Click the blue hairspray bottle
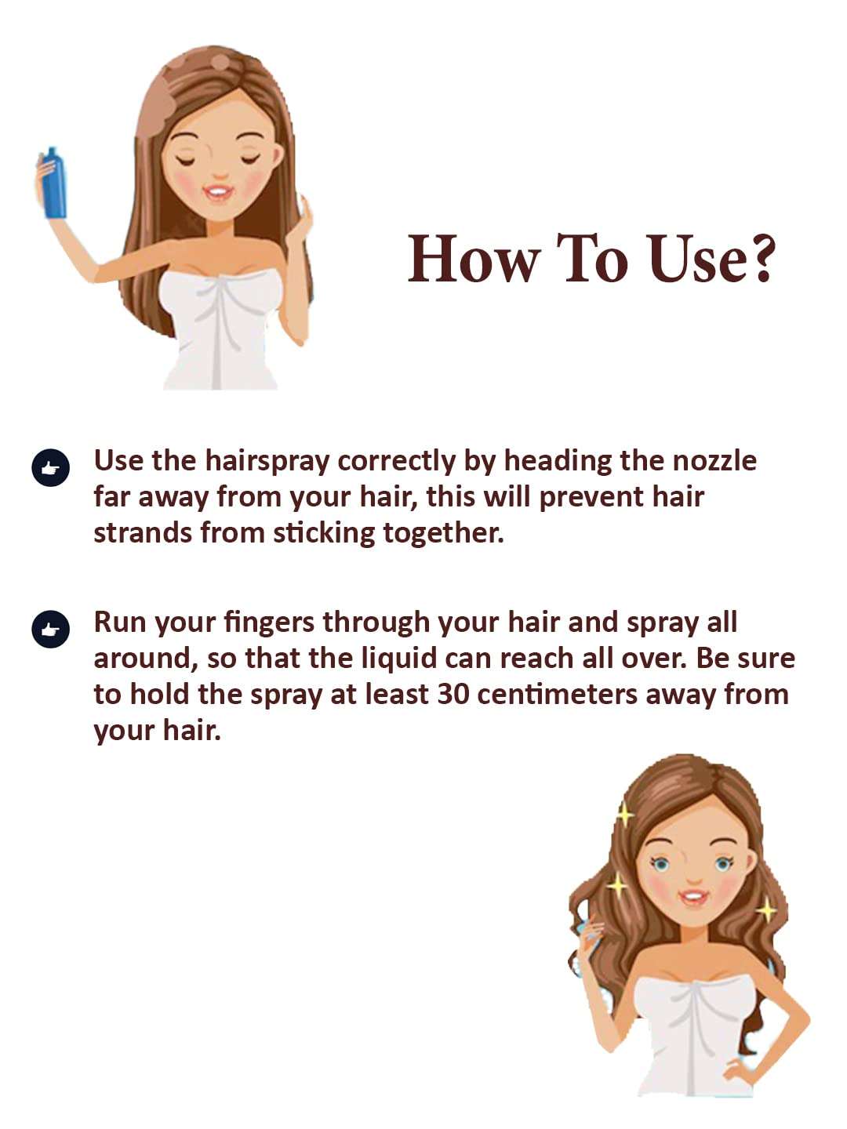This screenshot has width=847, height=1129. pos(53,183)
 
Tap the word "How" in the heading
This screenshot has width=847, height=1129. pos(474,258)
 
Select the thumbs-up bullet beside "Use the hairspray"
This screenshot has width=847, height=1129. pos(50,468)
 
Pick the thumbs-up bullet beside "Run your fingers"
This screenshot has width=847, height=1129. pos(50,629)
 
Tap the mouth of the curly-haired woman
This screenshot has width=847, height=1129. pos(693,895)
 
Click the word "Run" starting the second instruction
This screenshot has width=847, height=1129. pos(119,622)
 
